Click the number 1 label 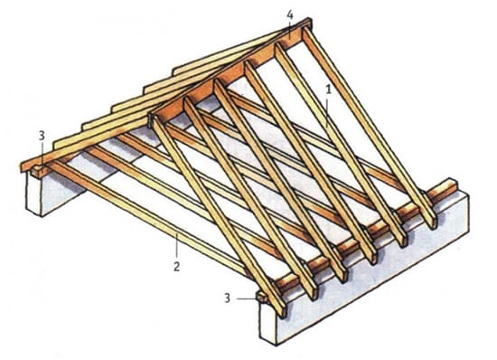tap(329, 90)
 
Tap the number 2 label tap(176, 266)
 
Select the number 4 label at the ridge tap(290, 14)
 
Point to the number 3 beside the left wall tap(42, 136)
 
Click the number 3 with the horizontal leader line tap(227, 298)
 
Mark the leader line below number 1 tap(328, 111)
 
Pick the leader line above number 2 tap(177, 247)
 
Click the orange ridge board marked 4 tap(230, 74)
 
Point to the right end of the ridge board tap(310, 24)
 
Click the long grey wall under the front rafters tap(364, 270)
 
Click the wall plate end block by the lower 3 tap(262, 298)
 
